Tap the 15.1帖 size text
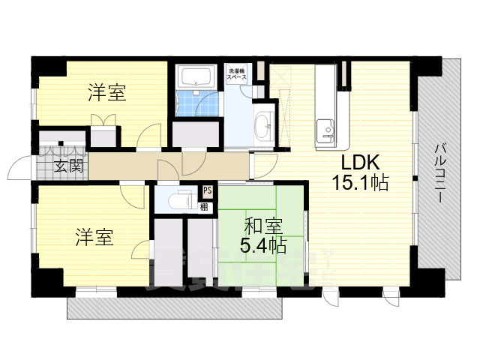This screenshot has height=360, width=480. (x=361, y=182)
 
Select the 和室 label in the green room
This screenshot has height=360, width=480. (x=262, y=223)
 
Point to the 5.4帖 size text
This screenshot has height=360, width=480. (x=262, y=244)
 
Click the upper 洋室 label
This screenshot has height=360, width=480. (x=106, y=94)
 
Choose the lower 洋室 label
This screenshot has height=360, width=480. (x=94, y=238)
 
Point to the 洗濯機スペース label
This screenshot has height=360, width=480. (x=238, y=75)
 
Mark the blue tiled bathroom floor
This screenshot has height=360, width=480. (x=199, y=103)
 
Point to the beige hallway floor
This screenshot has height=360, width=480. (x=150, y=166)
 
